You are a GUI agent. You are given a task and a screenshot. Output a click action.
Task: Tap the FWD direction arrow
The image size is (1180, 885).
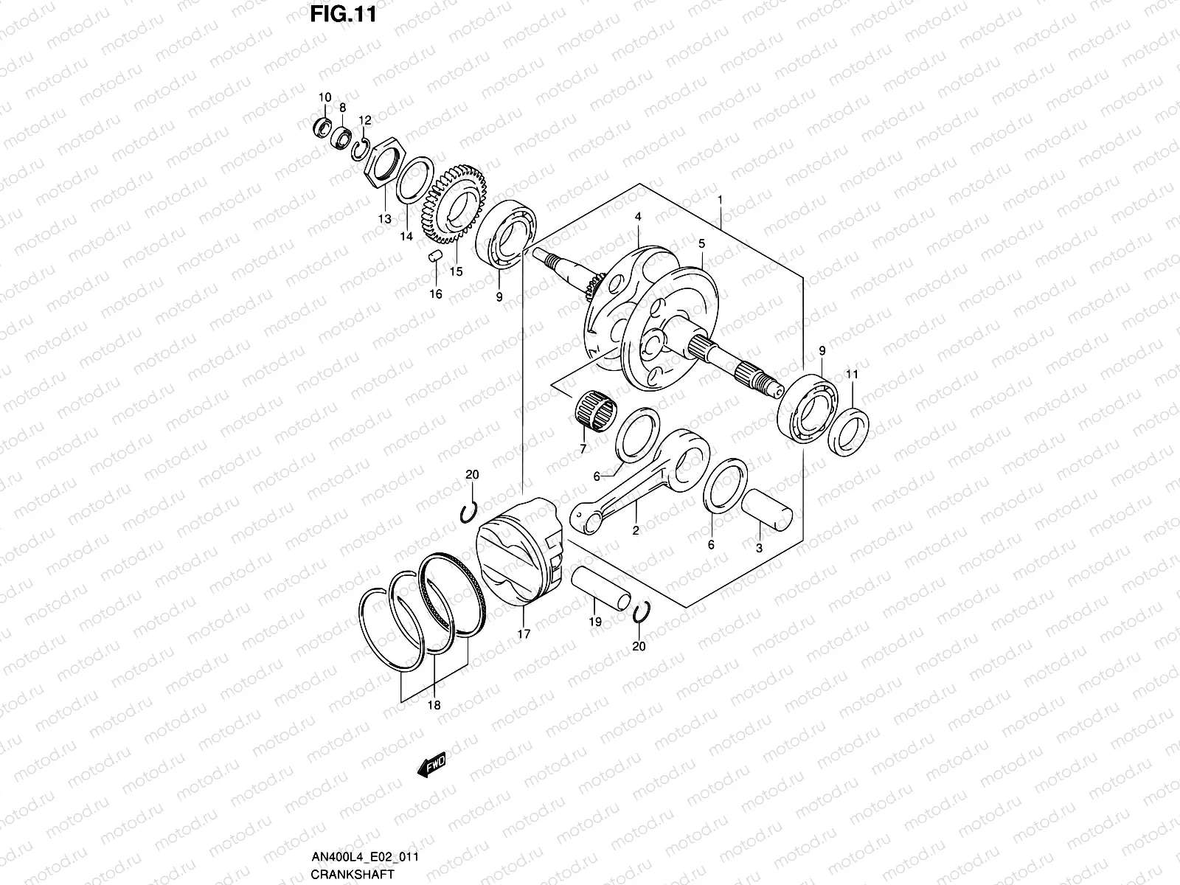[431, 767]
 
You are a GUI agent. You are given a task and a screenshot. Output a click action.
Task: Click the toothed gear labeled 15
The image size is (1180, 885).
[450, 206]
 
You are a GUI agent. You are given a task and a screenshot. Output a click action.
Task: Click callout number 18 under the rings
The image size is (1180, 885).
[434, 706]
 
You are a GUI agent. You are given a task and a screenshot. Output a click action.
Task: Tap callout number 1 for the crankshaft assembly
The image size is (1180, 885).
[720, 179]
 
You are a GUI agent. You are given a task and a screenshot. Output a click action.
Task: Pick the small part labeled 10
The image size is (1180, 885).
[322, 126]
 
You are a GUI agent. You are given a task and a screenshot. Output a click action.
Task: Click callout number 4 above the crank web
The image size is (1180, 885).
[638, 218]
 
